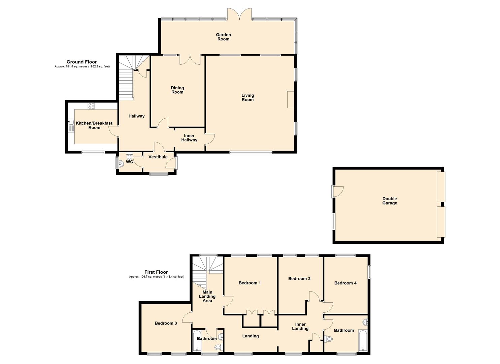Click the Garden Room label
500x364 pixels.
click(x=223, y=37)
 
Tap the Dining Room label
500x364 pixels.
click(x=177, y=90)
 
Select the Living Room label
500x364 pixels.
click(x=247, y=98)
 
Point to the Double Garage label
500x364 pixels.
click(x=390, y=201)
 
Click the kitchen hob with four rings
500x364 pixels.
click(x=91, y=106)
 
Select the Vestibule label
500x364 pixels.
click(x=158, y=157)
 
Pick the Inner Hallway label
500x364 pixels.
click(x=189, y=138)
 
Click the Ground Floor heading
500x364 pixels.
click(x=81, y=62)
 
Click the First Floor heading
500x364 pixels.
click(x=156, y=272)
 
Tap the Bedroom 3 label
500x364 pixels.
click(x=166, y=324)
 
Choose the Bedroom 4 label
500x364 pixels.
click(x=345, y=283)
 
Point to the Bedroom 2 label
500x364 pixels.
click(x=299, y=279)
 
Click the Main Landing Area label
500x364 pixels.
click(x=207, y=297)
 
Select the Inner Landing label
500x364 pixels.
click(x=300, y=327)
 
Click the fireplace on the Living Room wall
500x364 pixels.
click(x=291, y=99)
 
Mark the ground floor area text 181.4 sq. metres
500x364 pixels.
click(x=82, y=67)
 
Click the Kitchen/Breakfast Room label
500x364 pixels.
click(x=94, y=125)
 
